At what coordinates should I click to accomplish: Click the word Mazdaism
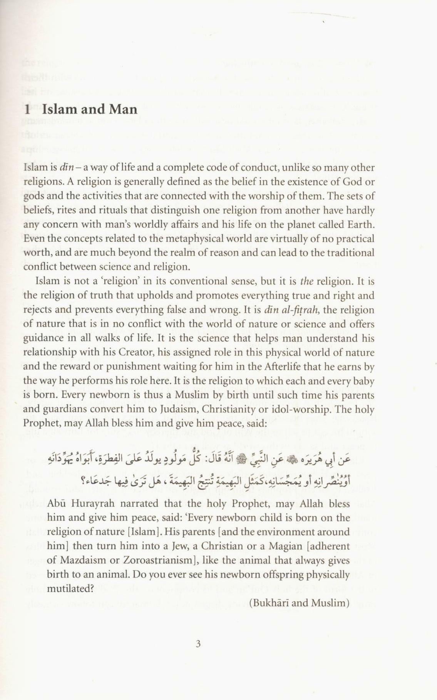pos(79,561)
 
